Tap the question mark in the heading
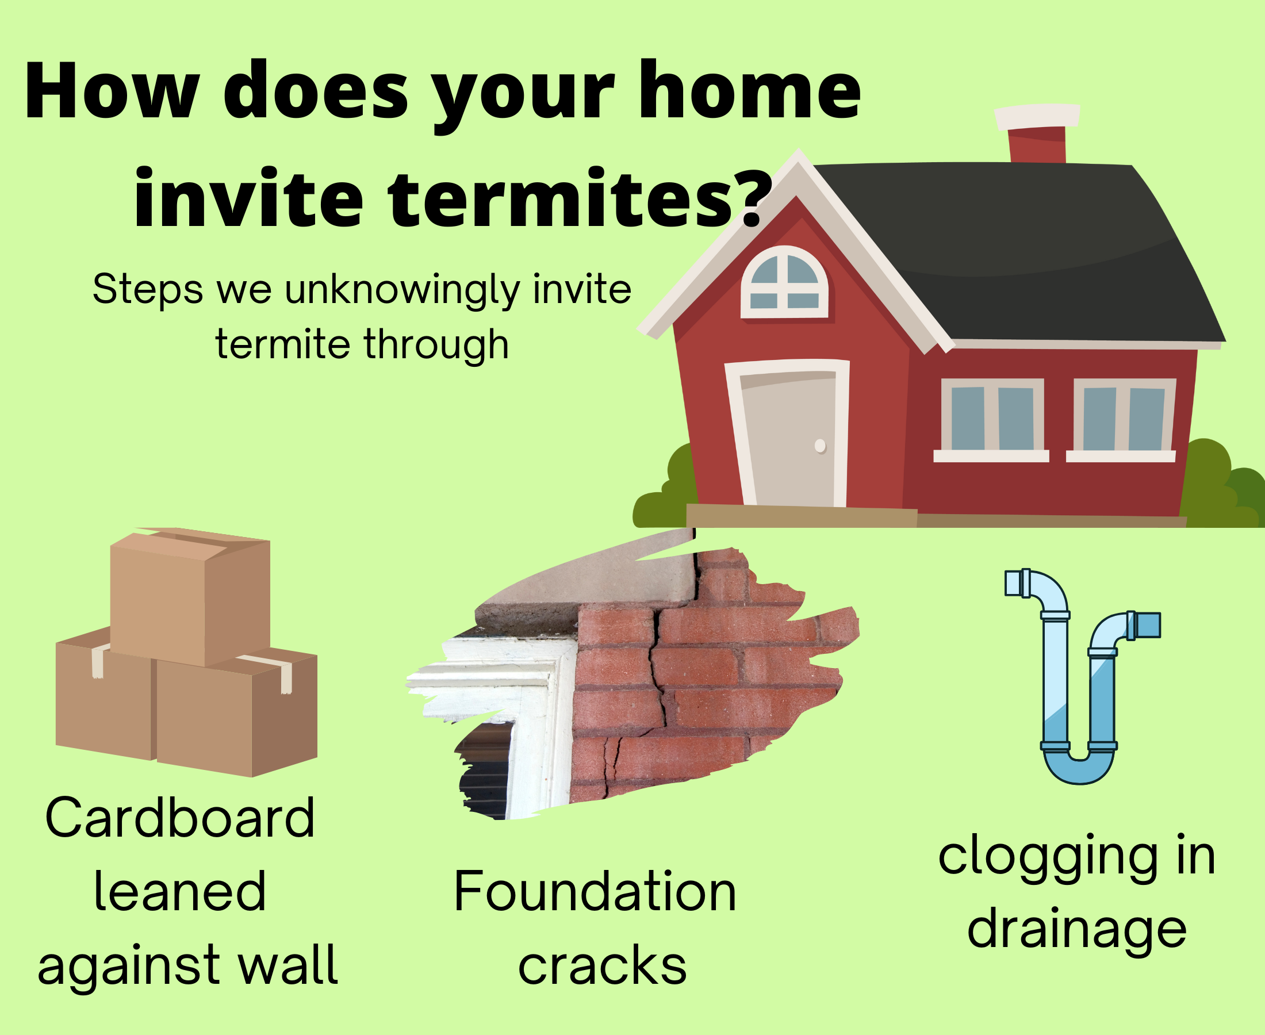click(x=753, y=197)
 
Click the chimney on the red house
click(x=1037, y=133)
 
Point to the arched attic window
click(x=784, y=281)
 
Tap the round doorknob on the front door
click(x=820, y=446)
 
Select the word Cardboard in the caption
click(x=179, y=818)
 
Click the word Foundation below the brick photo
click(x=595, y=892)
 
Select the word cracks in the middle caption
click(x=602, y=965)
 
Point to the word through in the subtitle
click(x=436, y=345)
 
